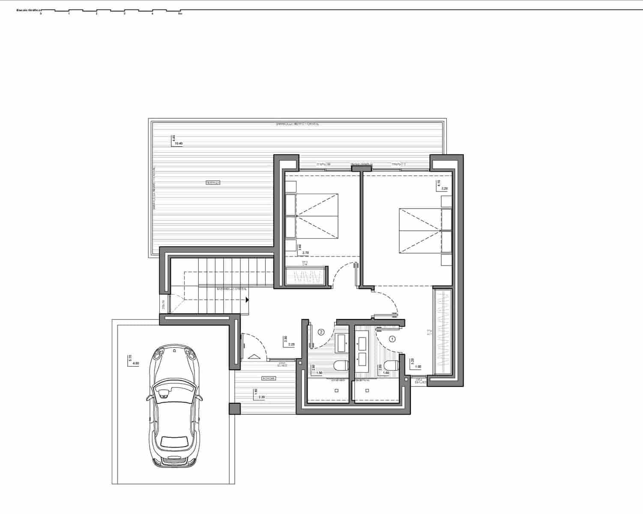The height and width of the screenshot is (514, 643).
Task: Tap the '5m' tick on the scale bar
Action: click(180, 14)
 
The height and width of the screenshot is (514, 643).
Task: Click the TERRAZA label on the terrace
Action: click(212, 183)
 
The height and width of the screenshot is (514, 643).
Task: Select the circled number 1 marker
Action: click(392, 338)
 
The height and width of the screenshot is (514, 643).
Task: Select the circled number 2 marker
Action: click(321, 332)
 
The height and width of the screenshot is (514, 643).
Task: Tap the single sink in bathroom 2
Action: click(343, 341)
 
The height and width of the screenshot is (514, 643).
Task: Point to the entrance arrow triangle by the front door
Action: click(254, 356)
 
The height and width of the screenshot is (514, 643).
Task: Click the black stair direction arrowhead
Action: click(248, 300)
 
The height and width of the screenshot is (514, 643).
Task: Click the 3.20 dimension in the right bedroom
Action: click(444, 188)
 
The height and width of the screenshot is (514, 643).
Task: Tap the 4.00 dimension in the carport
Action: click(136, 363)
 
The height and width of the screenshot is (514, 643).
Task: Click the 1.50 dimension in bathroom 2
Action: click(319, 373)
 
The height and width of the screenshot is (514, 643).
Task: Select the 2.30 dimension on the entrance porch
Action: click(262, 397)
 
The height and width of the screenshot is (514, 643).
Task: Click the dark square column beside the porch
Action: click(235, 409)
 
